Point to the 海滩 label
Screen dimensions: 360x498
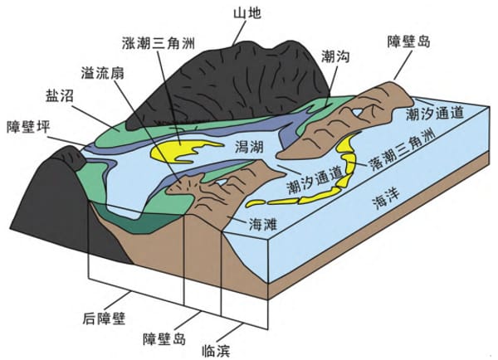pyautogui.click(x=266, y=224)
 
